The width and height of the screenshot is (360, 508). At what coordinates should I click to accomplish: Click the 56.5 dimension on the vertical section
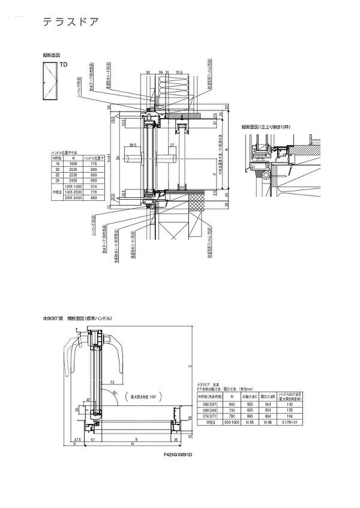coord(132,145)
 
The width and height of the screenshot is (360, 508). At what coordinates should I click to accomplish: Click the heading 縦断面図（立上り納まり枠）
coord(266,127)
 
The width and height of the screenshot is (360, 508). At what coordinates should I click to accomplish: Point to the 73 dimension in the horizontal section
coord(112,381)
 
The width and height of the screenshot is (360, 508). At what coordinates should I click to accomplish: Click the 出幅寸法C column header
coord(247,395)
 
